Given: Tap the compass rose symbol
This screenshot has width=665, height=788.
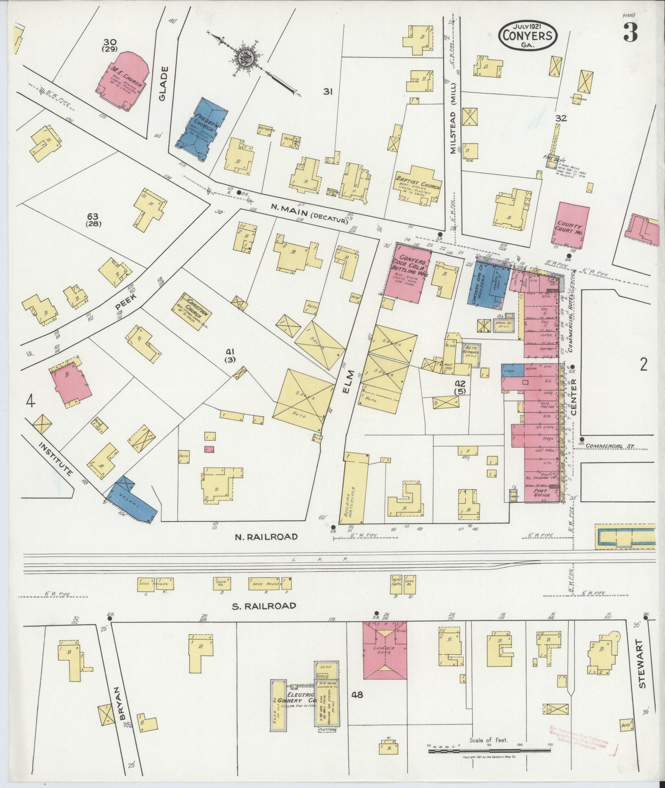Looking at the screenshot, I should (x=244, y=58).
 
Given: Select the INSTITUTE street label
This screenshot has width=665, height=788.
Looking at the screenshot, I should (x=55, y=459).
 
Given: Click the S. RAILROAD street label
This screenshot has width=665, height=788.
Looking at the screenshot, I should (x=264, y=606).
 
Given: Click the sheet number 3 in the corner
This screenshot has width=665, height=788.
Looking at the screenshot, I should (x=630, y=32).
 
